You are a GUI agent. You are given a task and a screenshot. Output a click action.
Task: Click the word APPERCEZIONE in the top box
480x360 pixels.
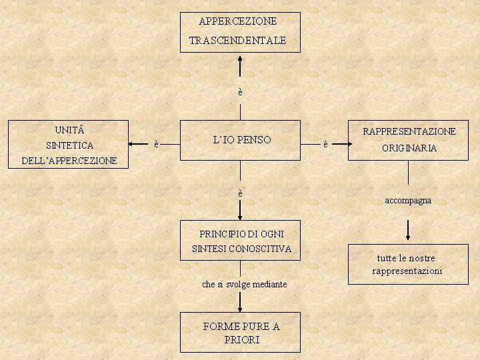[237, 21]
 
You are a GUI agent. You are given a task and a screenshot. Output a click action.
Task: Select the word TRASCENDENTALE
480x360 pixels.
[237, 41]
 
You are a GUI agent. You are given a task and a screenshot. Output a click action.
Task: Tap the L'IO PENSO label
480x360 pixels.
[242, 140]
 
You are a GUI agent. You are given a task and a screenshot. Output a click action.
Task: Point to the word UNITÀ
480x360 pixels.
[69, 129]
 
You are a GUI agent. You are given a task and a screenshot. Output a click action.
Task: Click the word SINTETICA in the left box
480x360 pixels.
[69, 145]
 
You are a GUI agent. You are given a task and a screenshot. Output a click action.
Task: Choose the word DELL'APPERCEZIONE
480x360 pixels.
[69, 161]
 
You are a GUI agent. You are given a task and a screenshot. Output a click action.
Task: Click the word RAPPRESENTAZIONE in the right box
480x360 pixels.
[409, 132]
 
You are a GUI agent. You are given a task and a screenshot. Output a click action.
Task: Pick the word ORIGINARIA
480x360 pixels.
[409, 149]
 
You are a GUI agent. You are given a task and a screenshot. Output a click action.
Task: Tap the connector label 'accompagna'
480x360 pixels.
[408, 200]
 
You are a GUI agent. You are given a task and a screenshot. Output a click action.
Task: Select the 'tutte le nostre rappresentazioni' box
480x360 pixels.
[407, 265]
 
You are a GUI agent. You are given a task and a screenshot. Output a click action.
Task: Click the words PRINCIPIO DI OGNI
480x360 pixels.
[240, 234]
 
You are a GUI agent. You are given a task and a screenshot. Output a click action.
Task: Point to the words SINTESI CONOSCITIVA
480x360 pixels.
[241, 249]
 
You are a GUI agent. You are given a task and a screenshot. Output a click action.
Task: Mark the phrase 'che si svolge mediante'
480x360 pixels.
[244, 285]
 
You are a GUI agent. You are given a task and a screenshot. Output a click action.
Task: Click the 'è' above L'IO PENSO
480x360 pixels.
[241, 92]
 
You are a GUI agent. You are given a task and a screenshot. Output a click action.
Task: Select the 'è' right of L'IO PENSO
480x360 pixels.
[325, 143]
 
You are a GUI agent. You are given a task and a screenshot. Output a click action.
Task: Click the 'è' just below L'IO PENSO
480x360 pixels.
[241, 193]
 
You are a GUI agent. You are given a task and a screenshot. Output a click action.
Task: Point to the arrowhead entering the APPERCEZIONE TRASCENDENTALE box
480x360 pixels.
[241, 57]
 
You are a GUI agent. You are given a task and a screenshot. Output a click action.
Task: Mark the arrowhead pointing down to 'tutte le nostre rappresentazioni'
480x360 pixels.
[408, 237]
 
